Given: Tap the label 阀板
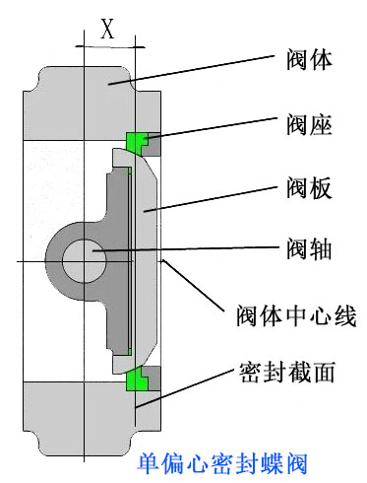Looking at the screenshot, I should coord(307,186).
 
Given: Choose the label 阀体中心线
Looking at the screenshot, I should coord(295,316).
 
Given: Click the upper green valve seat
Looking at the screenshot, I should coord(138,143).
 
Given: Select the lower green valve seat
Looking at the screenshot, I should coord(138,378).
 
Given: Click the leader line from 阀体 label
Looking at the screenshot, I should coord(197,72).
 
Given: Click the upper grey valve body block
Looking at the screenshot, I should coord(84,99).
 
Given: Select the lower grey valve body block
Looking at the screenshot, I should coord(84,419).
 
